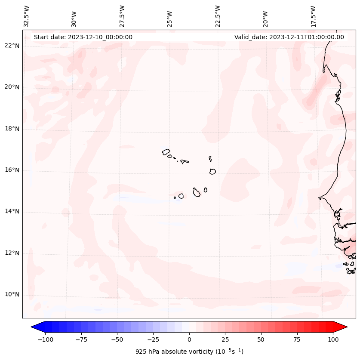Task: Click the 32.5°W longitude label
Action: pyautogui.click(x=27, y=16)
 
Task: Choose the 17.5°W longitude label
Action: pyautogui.click(x=314, y=16)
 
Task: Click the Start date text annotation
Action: pyautogui.click(x=83, y=37)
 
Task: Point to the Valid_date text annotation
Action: pyautogui.click(x=289, y=37)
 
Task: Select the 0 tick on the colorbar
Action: pyautogui.click(x=189, y=339)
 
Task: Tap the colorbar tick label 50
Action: pyautogui.click(x=261, y=339)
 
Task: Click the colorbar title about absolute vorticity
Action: pyautogui.click(x=189, y=352)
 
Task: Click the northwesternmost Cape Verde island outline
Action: pyautogui.click(x=166, y=151)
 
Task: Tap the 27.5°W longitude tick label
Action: pyautogui.click(x=122, y=16)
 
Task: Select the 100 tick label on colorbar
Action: pyautogui.click(x=333, y=339)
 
